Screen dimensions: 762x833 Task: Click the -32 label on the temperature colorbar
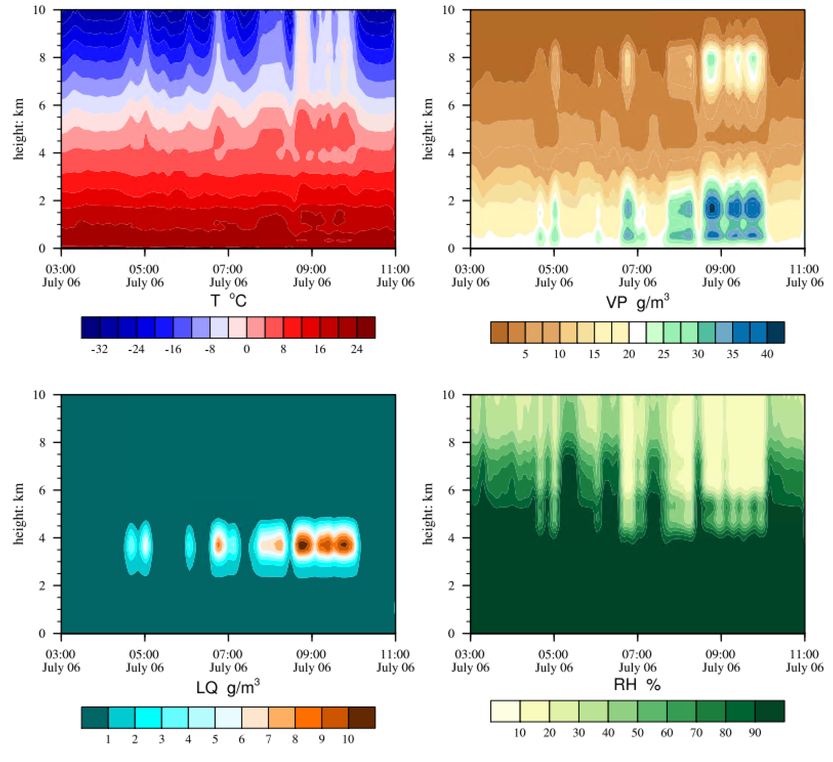pyautogui.click(x=99, y=349)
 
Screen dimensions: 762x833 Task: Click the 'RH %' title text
pyautogui.click(x=637, y=685)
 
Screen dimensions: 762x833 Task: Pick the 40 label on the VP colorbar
pyautogui.click(x=767, y=354)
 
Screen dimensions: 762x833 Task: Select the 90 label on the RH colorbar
pyautogui.click(x=755, y=733)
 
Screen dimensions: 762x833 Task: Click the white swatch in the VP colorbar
pyautogui.click(x=637, y=333)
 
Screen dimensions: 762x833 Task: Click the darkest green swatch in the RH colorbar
pyautogui.click(x=769, y=711)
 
